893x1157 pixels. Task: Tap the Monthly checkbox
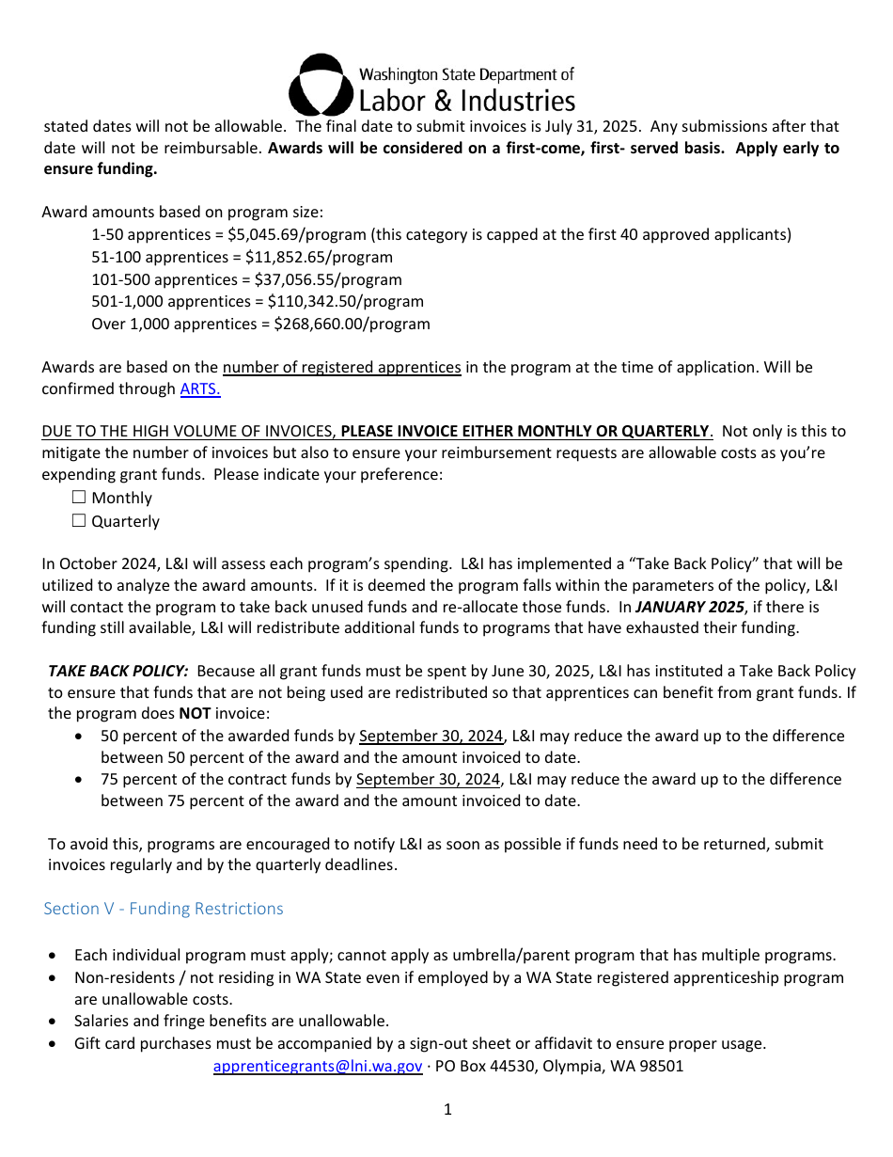coord(79,498)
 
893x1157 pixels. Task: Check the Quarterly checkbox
coord(79,521)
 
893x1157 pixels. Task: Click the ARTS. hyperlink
coord(200,388)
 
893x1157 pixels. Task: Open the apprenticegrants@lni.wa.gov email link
coord(318,1066)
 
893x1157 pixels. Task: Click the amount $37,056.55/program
coord(328,279)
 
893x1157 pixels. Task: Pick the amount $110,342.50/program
coord(345,301)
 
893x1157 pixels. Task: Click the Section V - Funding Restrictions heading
coord(164,909)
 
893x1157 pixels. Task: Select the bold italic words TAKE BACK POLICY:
coord(118,671)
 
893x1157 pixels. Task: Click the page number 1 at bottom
coord(447,1109)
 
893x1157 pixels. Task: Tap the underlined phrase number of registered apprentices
coord(341,367)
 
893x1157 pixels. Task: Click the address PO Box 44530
coord(489,1066)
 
